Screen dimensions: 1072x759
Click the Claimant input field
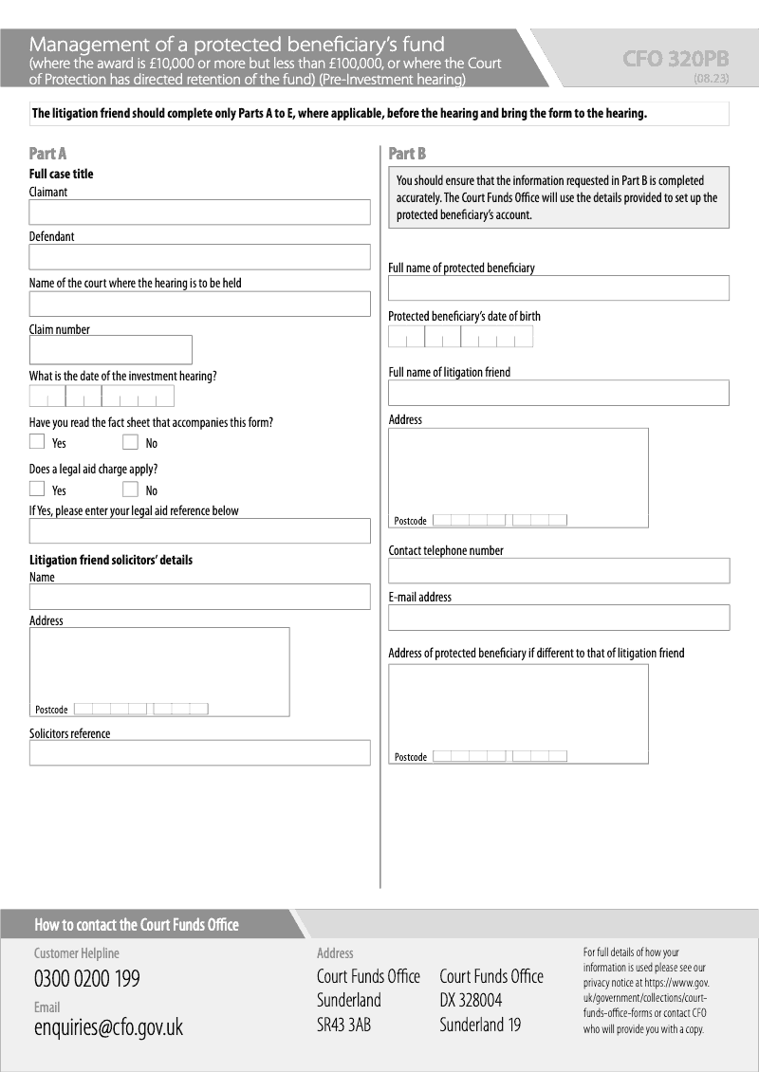point(199,212)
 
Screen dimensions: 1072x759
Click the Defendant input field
point(199,257)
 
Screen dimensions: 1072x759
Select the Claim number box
point(110,349)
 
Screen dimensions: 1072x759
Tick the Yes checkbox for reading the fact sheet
point(37,441)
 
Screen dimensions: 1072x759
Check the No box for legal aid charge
point(130,489)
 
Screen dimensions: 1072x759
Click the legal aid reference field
point(199,530)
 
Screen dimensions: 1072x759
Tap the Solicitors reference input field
point(199,752)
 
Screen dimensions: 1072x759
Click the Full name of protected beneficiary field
point(558,287)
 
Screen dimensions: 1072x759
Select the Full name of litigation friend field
point(558,393)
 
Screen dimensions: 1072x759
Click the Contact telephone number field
point(558,570)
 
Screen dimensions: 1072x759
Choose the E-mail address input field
point(558,617)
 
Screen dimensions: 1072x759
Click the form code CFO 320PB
point(676,59)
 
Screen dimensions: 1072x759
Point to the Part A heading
point(47,154)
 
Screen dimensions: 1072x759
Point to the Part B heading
point(407,154)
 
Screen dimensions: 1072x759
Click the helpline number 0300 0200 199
point(86,979)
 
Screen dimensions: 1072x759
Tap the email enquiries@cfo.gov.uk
point(108,1027)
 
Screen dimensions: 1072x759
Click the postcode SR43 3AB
point(343,1025)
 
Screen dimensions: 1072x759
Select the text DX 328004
point(471,1000)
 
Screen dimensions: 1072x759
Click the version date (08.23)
point(711,79)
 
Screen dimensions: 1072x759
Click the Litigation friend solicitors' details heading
point(111,560)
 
